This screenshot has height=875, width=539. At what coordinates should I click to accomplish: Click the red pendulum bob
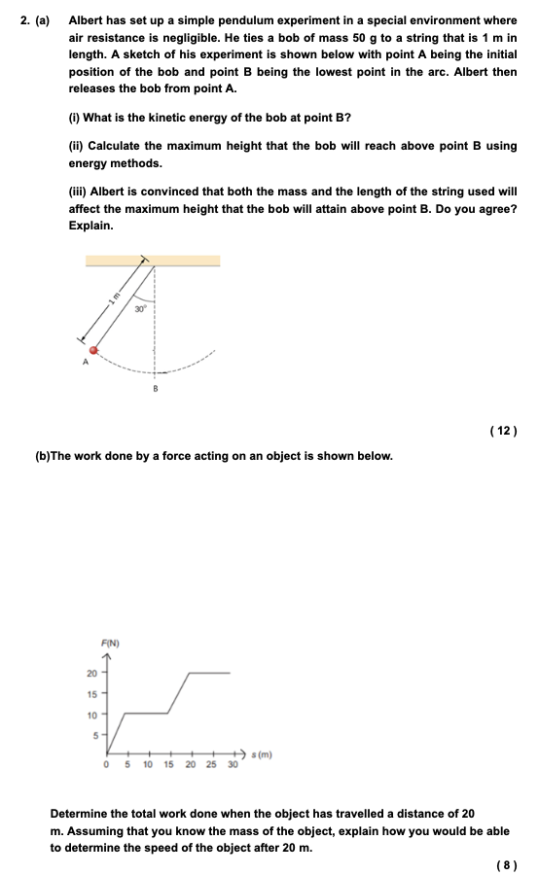[x=94, y=349]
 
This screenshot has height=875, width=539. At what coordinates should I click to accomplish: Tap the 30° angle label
[x=140, y=308]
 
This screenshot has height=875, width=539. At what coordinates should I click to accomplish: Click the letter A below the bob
[x=85, y=364]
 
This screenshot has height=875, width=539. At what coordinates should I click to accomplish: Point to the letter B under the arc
[x=155, y=389]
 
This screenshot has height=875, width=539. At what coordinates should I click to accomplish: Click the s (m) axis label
[x=261, y=753]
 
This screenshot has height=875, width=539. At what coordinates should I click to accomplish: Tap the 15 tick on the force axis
[x=91, y=693]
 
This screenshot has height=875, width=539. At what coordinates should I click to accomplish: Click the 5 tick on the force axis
[x=94, y=734]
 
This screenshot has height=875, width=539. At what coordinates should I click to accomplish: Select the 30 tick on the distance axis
[x=233, y=765]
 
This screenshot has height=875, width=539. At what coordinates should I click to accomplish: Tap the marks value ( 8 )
[x=507, y=862]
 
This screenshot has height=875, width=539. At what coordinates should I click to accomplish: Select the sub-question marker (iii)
[x=77, y=192]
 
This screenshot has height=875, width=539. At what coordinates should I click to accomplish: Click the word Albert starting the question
[x=87, y=19]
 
